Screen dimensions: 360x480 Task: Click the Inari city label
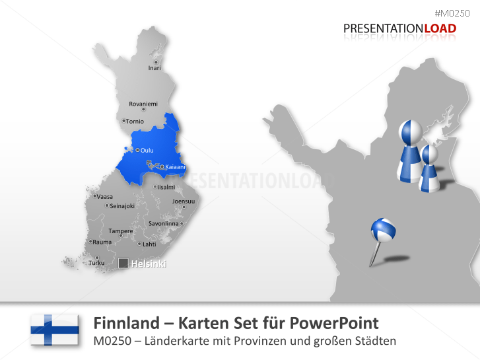(x=154, y=67)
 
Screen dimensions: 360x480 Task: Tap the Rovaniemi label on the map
(x=143, y=104)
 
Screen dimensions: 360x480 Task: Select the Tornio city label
(x=135, y=121)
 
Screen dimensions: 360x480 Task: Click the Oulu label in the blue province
(x=147, y=150)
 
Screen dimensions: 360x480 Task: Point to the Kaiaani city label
(x=175, y=166)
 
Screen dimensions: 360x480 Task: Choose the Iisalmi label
(x=166, y=187)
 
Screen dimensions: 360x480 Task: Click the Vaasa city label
(x=104, y=196)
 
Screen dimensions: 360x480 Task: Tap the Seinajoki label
(x=121, y=205)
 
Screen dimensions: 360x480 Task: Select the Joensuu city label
(x=183, y=201)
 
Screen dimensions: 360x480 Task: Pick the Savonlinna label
(x=163, y=223)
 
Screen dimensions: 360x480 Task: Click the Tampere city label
(x=121, y=231)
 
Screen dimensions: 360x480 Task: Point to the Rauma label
(x=102, y=242)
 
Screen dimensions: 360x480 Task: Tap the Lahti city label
(x=149, y=244)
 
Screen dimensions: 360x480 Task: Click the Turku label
(x=96, y=262)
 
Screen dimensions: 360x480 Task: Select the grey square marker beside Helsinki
(x=123, y=264)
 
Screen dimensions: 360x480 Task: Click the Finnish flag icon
(x=54, y=329)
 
